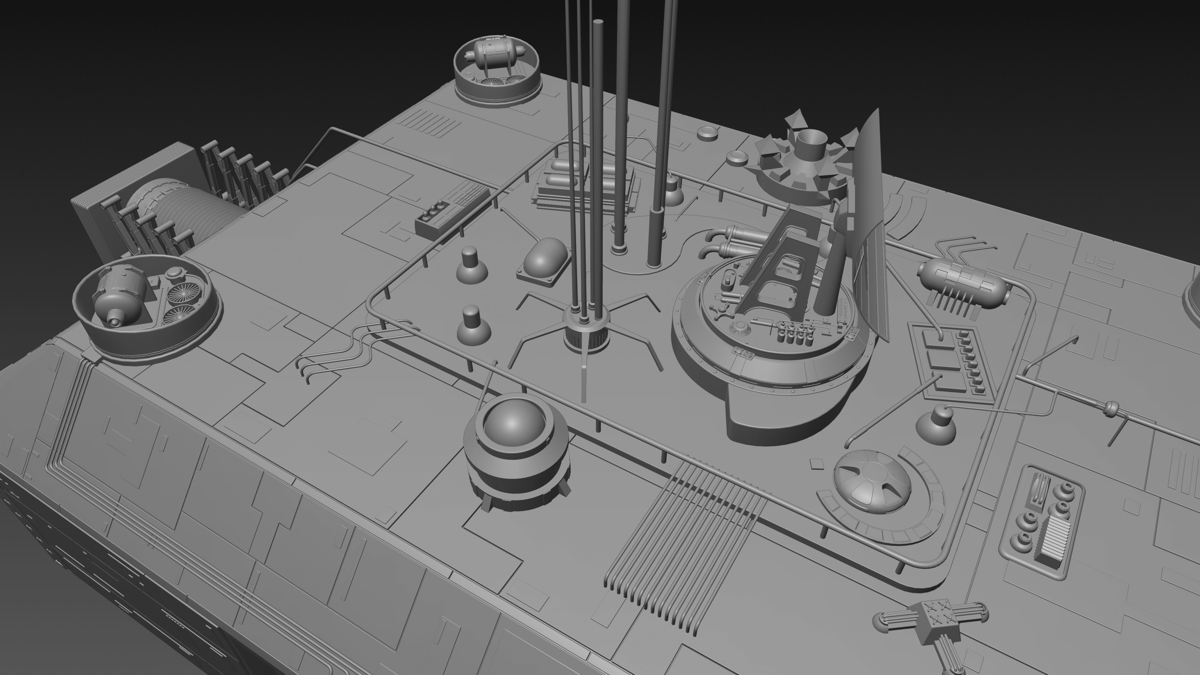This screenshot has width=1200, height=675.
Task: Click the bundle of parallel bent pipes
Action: (x=680, y=545)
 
